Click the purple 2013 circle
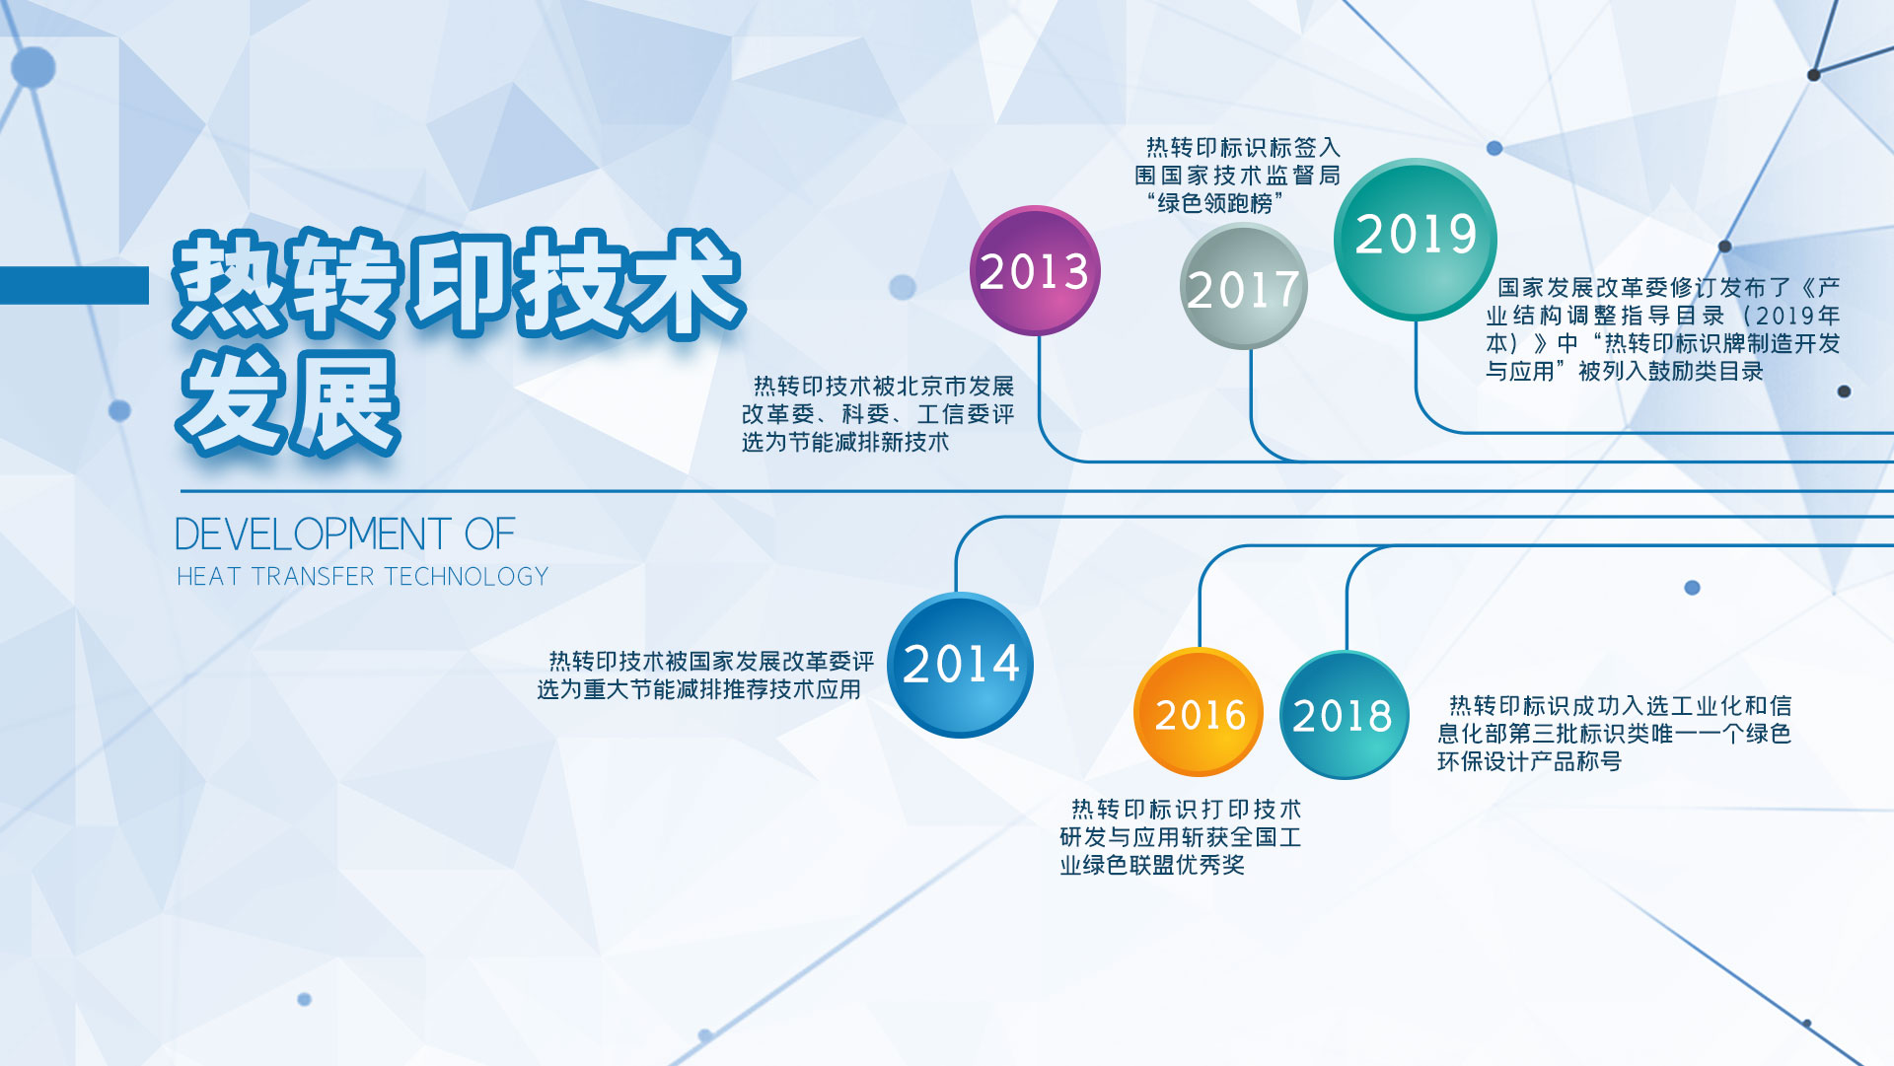pyautogui.click(x=1035, y=270)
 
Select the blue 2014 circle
pyautogui.click(x=961, y=664)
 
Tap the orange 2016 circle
pyautogui.click(x=1200, y=712)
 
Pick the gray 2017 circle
pyautogui.click(x=1244, y=286)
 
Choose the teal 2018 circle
pyautogui.click(x=1345, y=715)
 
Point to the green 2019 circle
pyautogui.click(x=1416, y=239)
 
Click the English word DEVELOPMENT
pyautogui.click(x=313, y=534)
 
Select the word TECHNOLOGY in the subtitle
pyautogui.click(x=467, y=576)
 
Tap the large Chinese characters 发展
pyautogui.click(x=288, y=403)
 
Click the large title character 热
pyautogui.click(x=233, y=282)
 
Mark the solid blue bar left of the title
pyautogui.click(x=74, y=285)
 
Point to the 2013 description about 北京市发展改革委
pyautogui.click(x=878, y=414)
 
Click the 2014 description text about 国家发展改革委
pyautogui.click(x=705, y=675)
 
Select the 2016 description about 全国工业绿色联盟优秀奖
pyautogui.click(x=1181, y=837)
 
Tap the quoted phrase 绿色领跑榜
pyautogui.click(x=1214, y=204)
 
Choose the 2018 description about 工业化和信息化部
pyautogui.click(x=1614, y=734)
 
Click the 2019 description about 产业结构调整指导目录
pyautogui.click(x=1663, y=329)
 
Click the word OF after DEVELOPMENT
pyautogui.click(x=490, y=534)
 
